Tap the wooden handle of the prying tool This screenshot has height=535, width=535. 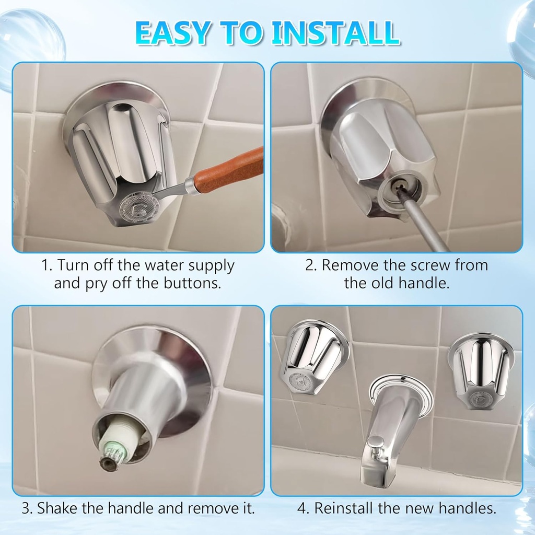[x=230, y=170]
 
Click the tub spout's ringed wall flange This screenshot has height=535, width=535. [x=400, y=387]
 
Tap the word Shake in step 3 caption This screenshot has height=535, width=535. [x=57, y=507]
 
